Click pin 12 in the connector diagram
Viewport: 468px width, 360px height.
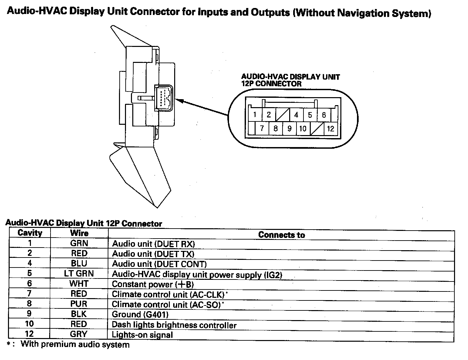[x=330, y=128]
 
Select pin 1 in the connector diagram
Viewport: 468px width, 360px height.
[x=255, y=115]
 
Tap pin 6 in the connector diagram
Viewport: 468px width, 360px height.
[x=324, y=115]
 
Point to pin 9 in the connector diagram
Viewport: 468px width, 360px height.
[x=289, y=128]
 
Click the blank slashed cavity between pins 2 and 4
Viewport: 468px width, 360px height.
[x=283, y=115]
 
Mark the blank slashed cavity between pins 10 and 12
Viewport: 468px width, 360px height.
[x=316, y=128]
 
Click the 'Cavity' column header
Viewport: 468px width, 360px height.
[x=30, y=233]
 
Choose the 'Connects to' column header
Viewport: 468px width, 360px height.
[x=281, y=235]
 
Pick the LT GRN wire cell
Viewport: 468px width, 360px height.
[x=79, y=273]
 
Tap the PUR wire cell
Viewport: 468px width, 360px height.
[x=79, y=304]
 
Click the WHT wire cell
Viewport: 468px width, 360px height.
[x=79, y=284]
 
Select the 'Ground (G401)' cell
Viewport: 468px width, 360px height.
[x=140, y=314]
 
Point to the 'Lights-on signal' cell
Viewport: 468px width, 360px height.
[x=142, y=335]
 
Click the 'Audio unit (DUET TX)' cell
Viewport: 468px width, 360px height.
[x=153, y=254]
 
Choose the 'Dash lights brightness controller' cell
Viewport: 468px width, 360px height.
[x=174, y=325]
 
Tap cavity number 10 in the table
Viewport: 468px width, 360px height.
[x=30, y=324]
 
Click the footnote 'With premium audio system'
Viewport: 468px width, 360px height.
[x=75, y=344]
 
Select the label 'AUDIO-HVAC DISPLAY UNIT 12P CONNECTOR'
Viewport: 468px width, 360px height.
[x=290, y=80]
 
